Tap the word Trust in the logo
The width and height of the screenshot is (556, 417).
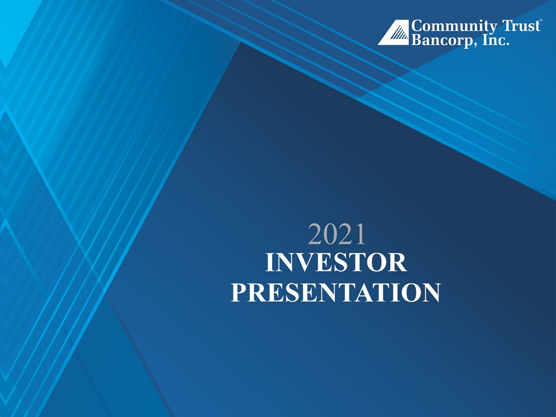coord(521,26)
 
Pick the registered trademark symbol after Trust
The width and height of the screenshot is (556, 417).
coord(540,21)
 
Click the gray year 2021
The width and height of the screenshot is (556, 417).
coord(336,234)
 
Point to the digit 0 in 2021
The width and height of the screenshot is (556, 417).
coord(329,234)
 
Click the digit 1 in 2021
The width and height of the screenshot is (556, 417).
coord(360,234)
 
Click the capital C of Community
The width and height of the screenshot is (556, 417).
coord(417,26)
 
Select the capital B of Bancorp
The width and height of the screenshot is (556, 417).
coord(416,39)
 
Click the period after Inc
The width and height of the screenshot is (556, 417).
coord(508,45)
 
